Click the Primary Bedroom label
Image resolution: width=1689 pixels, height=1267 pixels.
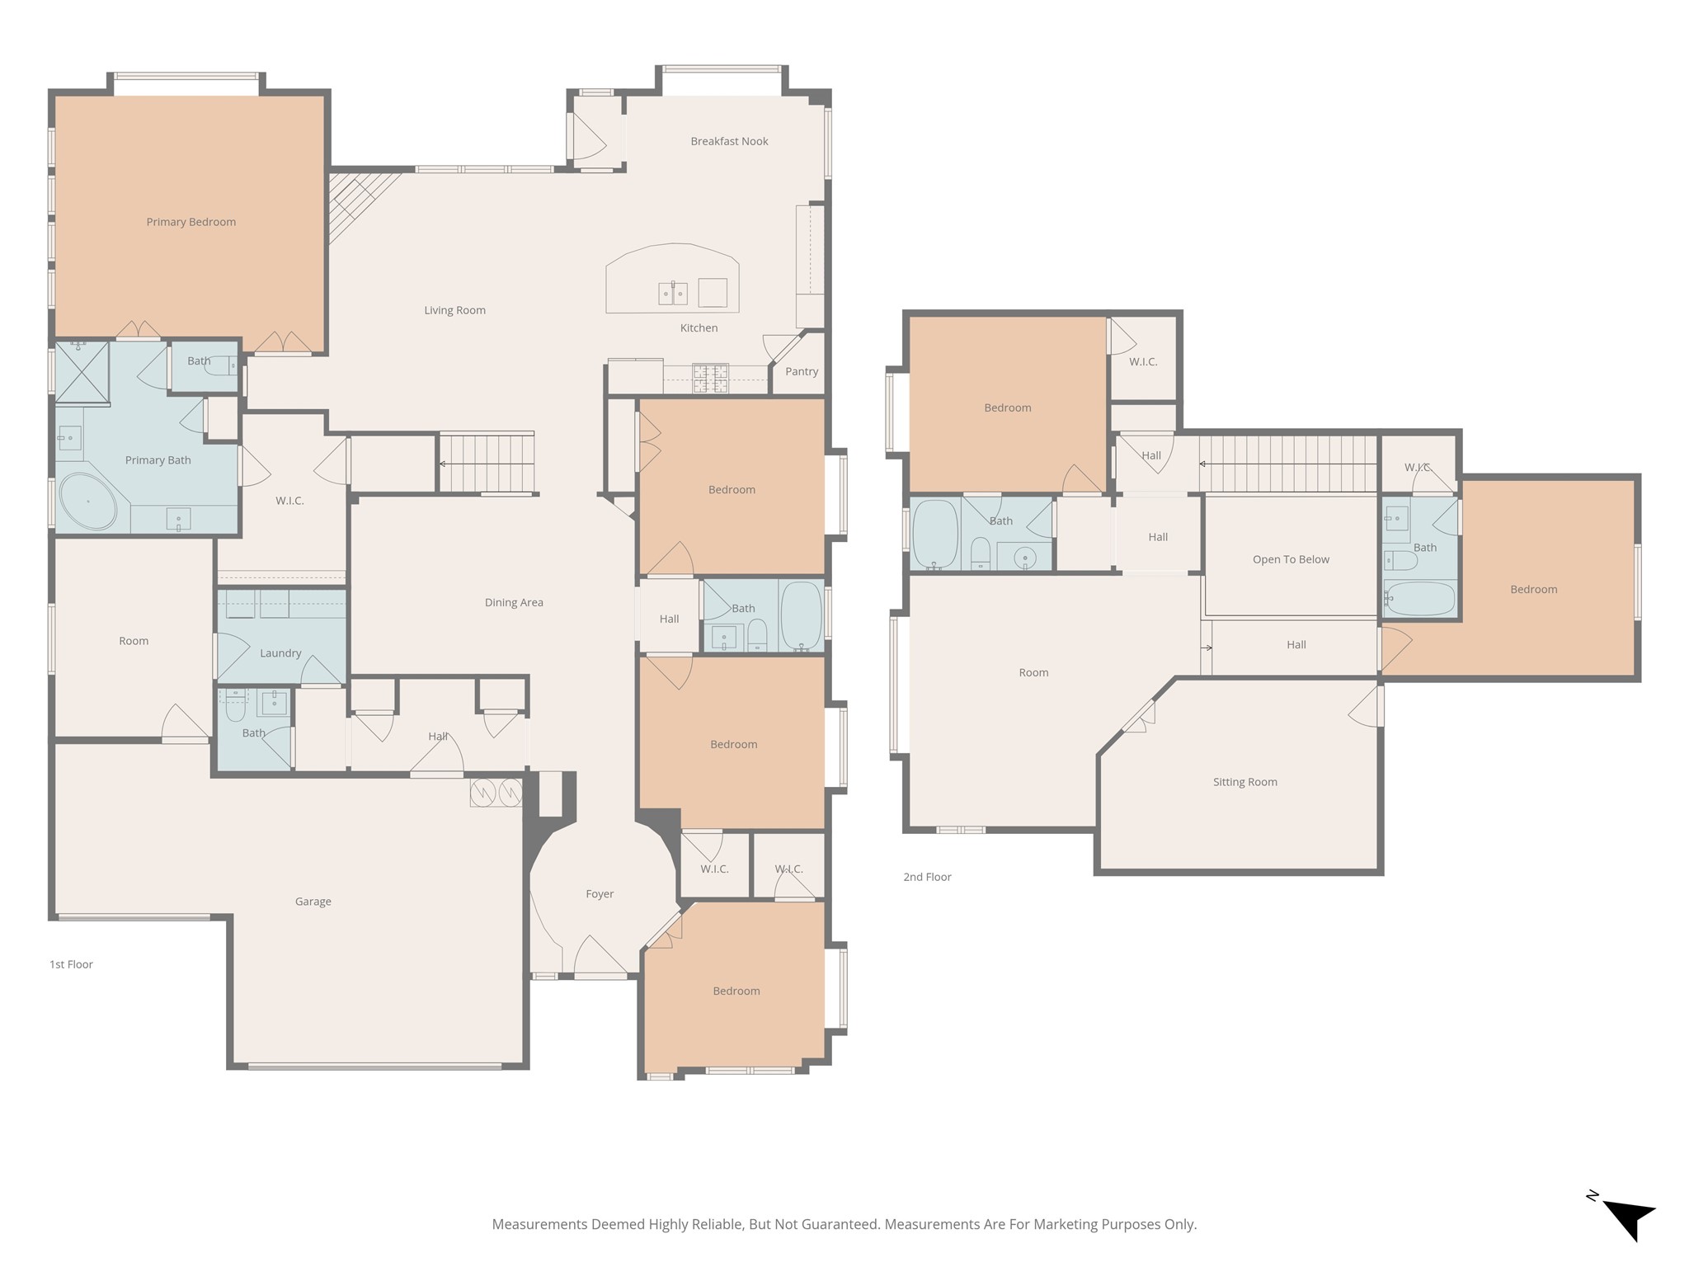pos(191,222)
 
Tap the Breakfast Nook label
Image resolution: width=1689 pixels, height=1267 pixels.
pos(729,141)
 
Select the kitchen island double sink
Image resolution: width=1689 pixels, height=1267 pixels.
pos(673,293)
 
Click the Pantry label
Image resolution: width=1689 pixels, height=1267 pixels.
pos(802,371)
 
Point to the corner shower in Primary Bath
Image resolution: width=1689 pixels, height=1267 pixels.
pos(82,372)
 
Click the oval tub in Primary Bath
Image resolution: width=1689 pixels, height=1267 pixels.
pos(87,502)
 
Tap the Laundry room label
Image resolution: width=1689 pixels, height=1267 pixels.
pos(280,653)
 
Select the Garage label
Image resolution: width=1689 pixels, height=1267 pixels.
pos(313,902)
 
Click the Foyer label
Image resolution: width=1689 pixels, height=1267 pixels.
pos(600,894)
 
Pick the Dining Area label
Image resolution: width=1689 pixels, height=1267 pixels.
pos(514,602)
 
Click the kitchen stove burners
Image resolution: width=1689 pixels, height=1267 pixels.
pos(710,378)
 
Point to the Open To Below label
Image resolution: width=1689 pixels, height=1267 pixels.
pos(1291,559)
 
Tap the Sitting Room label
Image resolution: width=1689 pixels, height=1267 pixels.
pos(1244,782)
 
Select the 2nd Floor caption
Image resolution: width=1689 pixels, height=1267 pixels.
pos(927,877)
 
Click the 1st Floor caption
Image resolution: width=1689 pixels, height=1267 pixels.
pos(71,964)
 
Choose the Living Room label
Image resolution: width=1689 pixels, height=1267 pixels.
pos(454,310)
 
